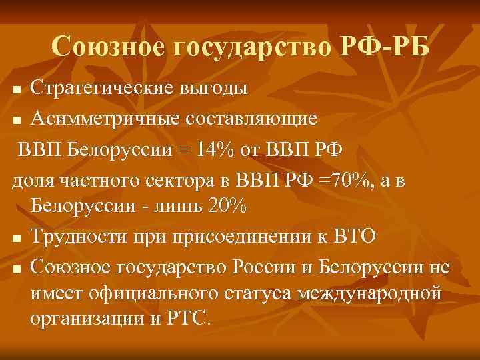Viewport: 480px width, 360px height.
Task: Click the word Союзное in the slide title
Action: (106, 47)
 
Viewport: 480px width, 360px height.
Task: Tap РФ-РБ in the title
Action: (379, 47)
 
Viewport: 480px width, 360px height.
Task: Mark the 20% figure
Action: (227, 207)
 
